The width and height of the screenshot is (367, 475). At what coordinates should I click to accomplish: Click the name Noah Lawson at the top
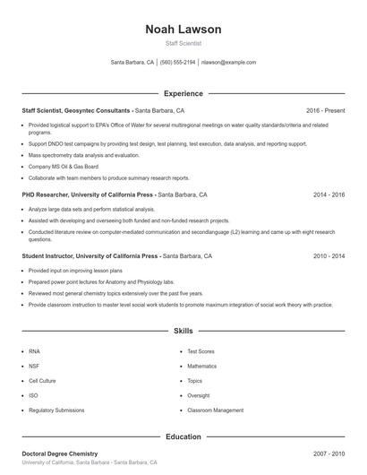[183, 30]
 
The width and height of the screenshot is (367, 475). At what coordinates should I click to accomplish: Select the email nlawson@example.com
[228, 63]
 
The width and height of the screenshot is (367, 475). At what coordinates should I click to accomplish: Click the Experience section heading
[183, 93]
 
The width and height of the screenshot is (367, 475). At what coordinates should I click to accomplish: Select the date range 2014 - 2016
[329, 194]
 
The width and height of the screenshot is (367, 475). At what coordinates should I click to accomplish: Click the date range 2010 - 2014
[329, 255]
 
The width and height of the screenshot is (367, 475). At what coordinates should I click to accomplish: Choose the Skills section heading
[183, 331]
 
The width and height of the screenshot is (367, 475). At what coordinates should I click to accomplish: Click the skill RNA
[34, 351]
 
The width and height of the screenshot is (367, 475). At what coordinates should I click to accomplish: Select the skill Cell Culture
[41, 381]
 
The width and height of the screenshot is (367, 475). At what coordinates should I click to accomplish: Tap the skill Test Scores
[201, 351]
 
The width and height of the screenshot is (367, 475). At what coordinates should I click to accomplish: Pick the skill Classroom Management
[215, 410]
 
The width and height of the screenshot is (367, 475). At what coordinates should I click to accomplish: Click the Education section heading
[183, 436]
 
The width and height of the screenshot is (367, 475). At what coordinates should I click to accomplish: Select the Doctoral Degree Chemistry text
[60, 453]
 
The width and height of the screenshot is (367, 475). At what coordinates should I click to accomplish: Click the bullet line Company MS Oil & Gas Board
[63, 166]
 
